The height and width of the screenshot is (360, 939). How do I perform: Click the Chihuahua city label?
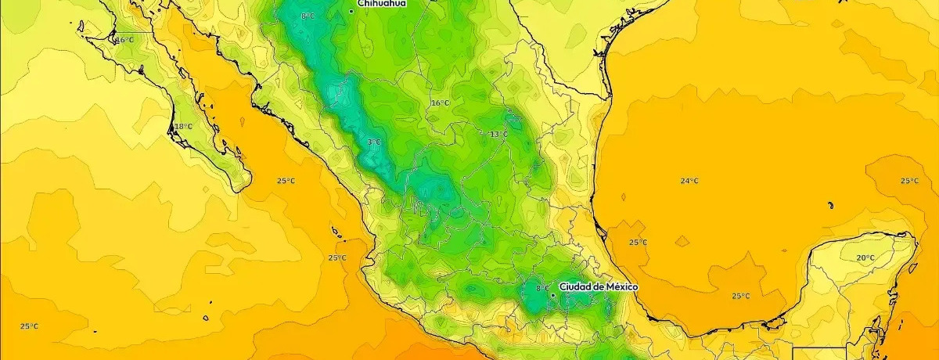[x=381, y=4]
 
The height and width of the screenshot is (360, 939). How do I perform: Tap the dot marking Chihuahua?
[x=351, y=11]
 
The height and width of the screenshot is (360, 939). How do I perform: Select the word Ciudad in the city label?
[x=576, y=287]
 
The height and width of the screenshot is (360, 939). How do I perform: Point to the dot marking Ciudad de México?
[x=553, y=295]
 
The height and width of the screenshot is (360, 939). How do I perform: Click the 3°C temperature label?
[x=373, y=142]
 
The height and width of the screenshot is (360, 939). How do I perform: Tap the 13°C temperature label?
[x=498, y=134]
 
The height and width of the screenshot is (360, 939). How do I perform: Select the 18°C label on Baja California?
[x=183, y=127]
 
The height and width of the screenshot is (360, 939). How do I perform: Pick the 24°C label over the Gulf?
[x=689, y=182]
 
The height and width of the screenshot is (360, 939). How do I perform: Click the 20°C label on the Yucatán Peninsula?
[x=865, y=257]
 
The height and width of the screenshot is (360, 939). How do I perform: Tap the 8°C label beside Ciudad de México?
[x=542, y=288]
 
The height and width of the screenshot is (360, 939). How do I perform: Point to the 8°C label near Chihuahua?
[x=308, y=16]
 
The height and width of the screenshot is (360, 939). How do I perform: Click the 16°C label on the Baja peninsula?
[x=125, y=40]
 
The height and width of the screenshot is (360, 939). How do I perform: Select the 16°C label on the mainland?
[x=440, y=103]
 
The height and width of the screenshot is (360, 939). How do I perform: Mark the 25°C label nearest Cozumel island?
[x=908, y=181]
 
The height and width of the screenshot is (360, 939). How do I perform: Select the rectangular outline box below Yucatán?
[x=819, y=353]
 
